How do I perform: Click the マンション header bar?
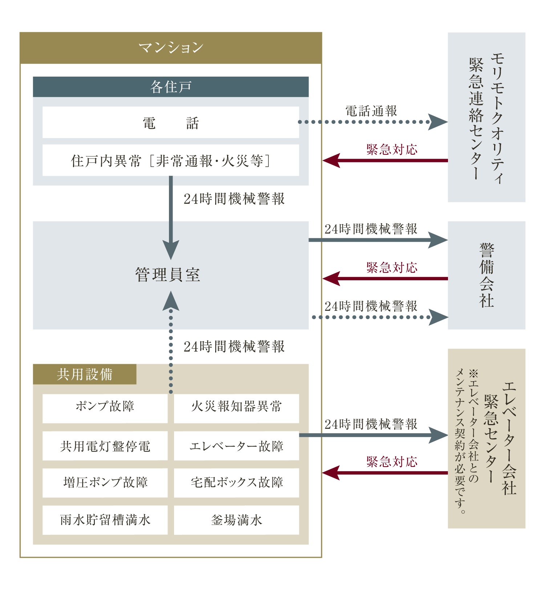click(171, 48)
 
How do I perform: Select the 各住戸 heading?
click(171, 87)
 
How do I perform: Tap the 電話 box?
click(171, 122)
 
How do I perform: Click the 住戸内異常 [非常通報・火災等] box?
click(171, 160)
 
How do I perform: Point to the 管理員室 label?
click(168, 275)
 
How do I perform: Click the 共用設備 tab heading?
click(85, 374)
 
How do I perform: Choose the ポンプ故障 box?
click(105, 408)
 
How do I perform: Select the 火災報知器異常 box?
click(237, 408)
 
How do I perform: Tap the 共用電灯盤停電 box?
click(105, 446)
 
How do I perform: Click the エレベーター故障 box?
click(237, 446)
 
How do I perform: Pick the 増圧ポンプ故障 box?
click(105, 483)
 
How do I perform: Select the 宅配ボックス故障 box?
click(237, 483)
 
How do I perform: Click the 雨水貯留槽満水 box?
click(105, 520)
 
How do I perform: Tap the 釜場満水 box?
click(237, 520)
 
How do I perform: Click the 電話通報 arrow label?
click(371, 111)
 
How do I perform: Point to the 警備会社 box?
click(486, 275)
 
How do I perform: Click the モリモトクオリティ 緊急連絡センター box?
click(486, 117)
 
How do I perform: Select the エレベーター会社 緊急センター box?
click(486, 439)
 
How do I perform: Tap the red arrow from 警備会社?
click(385, 278)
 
